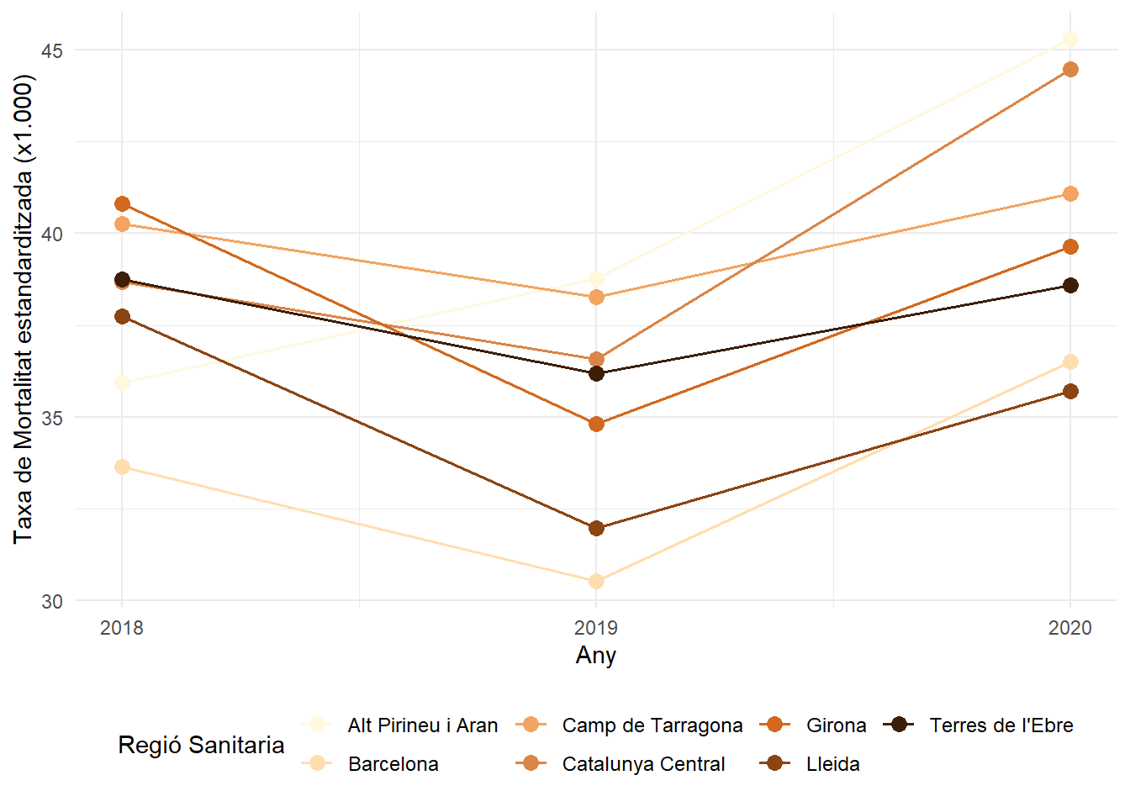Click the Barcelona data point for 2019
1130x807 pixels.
point(596,581)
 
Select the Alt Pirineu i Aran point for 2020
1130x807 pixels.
point(1070,39)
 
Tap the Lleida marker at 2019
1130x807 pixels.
point(596,528)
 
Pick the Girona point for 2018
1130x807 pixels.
point(122,203)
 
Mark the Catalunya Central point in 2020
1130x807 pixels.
point(1070,69)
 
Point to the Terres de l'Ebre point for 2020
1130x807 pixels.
point(1070,285)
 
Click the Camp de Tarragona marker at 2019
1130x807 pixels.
point(596,297)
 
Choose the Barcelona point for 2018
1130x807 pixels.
point(122,467)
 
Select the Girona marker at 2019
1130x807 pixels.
point(596,424)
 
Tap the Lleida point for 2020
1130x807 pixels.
point(1070,391)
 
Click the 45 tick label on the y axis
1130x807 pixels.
point(52,50)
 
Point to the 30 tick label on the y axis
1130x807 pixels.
point(52,601)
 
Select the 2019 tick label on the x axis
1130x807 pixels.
point(596,628)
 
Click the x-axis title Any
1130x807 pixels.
point(596,656)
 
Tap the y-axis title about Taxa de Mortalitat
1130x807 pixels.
point(24,309)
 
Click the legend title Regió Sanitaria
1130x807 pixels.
point(201,745)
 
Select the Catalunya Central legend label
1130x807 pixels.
point(643,764)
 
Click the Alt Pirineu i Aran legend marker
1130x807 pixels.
point(318,725)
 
